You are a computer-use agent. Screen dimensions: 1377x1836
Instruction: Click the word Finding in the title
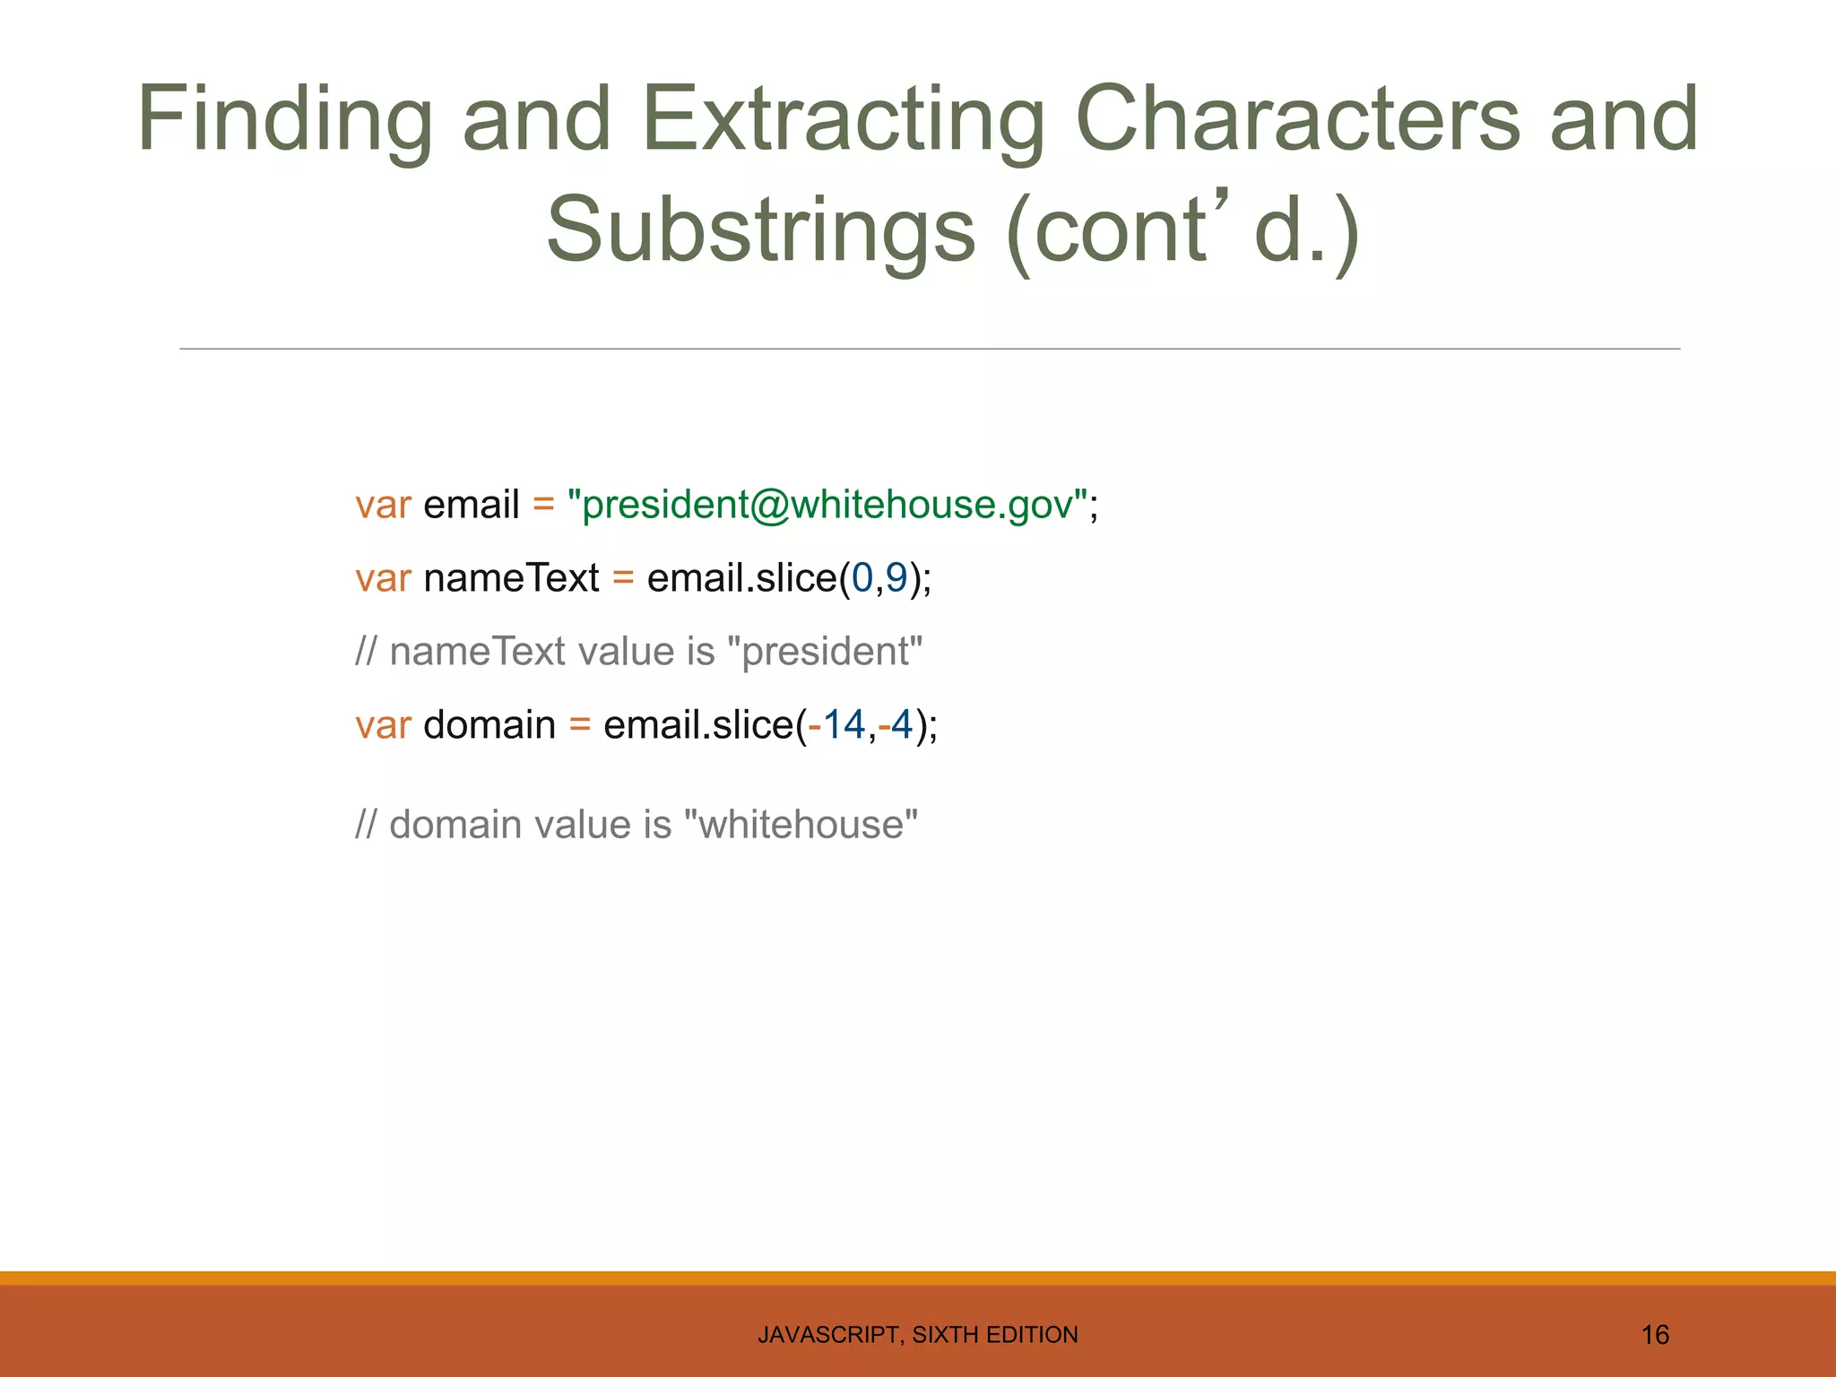(285, 121)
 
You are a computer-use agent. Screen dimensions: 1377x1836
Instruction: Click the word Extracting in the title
(843, 121)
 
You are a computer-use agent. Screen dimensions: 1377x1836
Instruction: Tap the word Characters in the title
(1296, 121)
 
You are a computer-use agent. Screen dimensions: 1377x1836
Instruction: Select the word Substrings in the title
(760, 231)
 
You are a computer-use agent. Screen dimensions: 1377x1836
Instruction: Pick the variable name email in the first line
(471, 505)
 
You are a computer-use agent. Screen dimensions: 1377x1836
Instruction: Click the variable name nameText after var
(511, 578)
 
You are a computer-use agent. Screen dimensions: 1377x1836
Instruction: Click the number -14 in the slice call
(836, 724)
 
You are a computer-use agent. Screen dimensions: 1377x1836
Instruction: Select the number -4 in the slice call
(896, 724)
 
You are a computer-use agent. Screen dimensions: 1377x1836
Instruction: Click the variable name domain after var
(489, 724)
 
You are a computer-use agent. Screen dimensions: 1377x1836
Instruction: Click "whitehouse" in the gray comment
(801, 825)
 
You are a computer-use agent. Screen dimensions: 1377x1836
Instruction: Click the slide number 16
(1655, 1335)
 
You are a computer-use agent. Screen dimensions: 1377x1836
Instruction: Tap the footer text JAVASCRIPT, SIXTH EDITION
(918, 1335)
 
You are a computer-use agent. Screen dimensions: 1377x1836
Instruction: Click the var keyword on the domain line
(383, 724)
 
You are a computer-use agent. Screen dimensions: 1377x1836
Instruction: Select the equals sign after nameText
(623, 578)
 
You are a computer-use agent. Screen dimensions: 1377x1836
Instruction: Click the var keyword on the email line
(383, 505)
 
